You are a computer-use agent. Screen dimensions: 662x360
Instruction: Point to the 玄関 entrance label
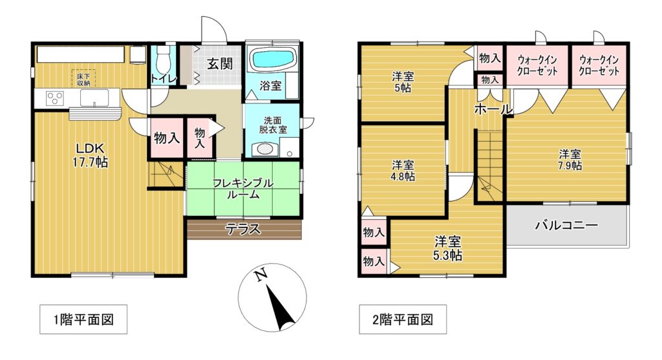click(x=220, y=64)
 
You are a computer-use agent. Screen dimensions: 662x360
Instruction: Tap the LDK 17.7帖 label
click(x=90, y=155)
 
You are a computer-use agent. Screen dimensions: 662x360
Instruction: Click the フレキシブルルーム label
click(x=243, y=189)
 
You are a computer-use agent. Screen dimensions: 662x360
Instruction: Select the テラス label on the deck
click(x=243, y=229)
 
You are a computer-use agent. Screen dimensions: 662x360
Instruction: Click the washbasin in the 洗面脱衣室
click(x=265, y=149)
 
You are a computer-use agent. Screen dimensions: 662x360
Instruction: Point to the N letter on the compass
click(x=261, y=274)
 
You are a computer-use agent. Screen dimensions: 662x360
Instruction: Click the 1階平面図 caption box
click(x=83, y=319)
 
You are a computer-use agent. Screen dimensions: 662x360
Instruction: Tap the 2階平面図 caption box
click(x=403, y=319)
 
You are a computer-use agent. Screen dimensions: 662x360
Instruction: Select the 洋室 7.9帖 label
click(x=570, y=160)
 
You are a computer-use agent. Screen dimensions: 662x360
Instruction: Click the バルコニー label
click(x=566, y=225)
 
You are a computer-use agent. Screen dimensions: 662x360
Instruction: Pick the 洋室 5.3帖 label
click(x=448, y=249)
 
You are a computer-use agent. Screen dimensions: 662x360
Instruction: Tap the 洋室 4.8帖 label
click(x=403, y=171)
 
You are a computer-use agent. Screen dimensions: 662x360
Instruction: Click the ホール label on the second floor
click(x=493, y=109)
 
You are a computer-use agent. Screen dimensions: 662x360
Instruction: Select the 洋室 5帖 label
click(x=403, y=82)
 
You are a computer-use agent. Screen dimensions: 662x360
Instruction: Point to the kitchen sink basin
click(x=94, y=98)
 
